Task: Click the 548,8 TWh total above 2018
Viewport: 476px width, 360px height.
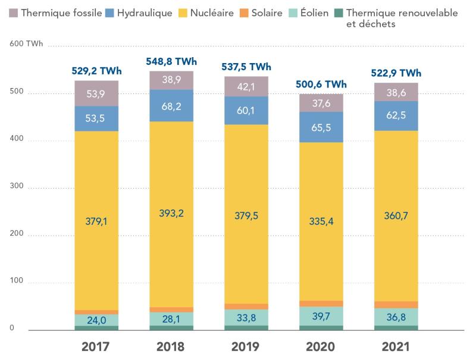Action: coord(171,61)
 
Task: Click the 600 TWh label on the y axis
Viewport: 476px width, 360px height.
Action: coord(21,45)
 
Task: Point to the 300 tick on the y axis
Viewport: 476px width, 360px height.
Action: coord(15,187)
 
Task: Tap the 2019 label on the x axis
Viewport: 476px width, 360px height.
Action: coord(246,347)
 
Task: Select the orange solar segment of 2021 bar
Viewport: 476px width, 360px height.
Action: coord(395,305)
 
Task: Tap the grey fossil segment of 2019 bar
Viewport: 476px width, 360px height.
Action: coord(246,86)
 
